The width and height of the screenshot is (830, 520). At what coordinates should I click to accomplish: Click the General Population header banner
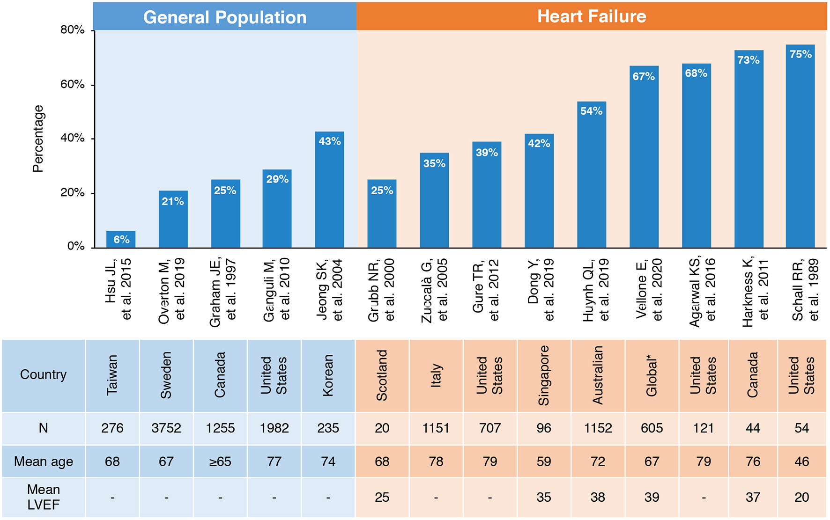pyautogui.click(x=225, y=17)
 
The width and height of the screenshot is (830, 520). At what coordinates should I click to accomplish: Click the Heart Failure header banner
pyautogui.click(x=591, y=16)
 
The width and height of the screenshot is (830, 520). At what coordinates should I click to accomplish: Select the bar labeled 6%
pyautogui.click(x=121, y=239)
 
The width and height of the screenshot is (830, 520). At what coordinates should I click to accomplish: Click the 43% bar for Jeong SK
pyautogui.click(x=329, y=190)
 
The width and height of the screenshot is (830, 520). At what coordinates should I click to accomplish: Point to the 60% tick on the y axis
pyautogui.click(x=73, y=85)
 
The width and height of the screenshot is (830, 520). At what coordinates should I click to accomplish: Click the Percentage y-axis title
pyautogui.click(x=38, y=139)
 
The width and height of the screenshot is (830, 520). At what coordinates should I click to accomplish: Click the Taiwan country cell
pyautogui.click(x=112, y=375)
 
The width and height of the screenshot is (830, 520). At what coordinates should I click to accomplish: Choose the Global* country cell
pyautogui.click(x=652, y=375)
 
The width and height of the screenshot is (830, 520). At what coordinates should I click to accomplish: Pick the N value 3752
pyautogui.click(x=166, y=428)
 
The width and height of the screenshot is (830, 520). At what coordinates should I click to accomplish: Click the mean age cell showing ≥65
pyautogui.click(x=220, y=461)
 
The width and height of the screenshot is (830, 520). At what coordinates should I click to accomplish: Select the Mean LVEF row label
pyautogui.click(x=44, y=497)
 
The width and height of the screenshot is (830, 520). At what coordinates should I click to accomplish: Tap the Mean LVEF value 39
pyautogui.click(x=652, y=497)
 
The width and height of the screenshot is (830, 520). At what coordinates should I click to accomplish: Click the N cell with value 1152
pyautogui.click(x=598, y=428)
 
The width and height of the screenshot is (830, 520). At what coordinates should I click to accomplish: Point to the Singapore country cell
pyautogui.click(x=543, y=375)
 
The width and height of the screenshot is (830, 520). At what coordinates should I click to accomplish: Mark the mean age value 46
pyautogui.click(x=801, y=461)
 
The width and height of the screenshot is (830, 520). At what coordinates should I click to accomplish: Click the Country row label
pyautogui.click(x=44, y=374)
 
